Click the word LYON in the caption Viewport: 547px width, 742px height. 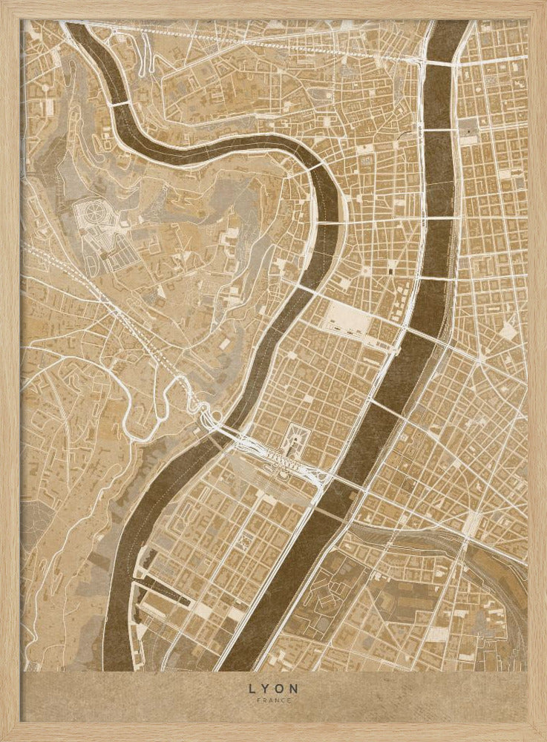273,688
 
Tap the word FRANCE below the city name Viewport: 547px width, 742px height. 273,700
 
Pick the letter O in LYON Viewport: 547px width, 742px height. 280,688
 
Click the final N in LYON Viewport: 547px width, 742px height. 295,688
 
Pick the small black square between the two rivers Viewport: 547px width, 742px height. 390,272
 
